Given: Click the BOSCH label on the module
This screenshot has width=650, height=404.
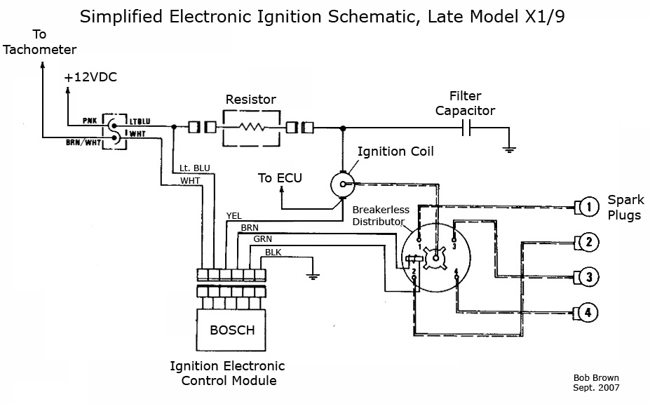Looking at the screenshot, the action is pos(232,330).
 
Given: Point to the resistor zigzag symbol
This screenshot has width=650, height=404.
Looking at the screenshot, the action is pos(252,127).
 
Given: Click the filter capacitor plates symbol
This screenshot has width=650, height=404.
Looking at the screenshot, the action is pos(466,128).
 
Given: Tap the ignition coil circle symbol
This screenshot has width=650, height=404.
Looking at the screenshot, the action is pos(343,184).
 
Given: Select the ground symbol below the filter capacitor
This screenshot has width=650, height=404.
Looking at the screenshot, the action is pos(509,149).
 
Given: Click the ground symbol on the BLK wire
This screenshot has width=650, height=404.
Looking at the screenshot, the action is pos(313,276).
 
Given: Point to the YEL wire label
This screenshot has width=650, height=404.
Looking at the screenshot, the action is pos(233,216).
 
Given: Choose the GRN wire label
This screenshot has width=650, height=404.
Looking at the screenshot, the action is pos(263,239).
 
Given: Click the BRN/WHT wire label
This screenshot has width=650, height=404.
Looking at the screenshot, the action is pos(83,142).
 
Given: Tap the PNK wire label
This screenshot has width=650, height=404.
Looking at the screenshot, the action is pos(90,121).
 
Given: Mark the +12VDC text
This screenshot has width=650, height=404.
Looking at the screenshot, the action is pos(90,77).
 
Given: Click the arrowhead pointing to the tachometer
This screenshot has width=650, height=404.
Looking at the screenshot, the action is pos(42,65).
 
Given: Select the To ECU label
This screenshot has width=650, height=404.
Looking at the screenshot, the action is pos(280,178).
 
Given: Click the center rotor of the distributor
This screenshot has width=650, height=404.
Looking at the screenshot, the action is pos(435,258).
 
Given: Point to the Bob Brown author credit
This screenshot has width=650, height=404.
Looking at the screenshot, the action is pos(596,378).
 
